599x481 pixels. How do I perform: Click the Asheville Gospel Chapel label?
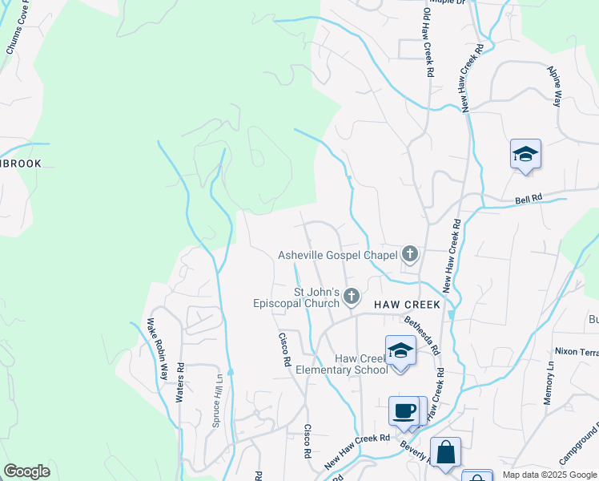337,256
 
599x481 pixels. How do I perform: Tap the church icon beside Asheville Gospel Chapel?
410,255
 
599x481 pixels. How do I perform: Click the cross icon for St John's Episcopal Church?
351,298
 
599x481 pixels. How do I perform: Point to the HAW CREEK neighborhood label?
407,305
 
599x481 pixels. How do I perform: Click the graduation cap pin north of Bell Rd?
525,154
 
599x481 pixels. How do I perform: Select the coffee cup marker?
404,411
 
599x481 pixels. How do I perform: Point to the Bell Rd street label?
529,197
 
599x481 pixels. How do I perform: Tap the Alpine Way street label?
554,87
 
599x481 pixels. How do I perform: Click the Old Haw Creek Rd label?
429,39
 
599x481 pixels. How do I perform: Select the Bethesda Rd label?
423,337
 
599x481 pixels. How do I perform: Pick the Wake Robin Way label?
157,349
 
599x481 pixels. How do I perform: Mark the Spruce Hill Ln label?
217,400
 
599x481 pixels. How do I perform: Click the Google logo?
26,471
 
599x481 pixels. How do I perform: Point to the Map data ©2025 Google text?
549,475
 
